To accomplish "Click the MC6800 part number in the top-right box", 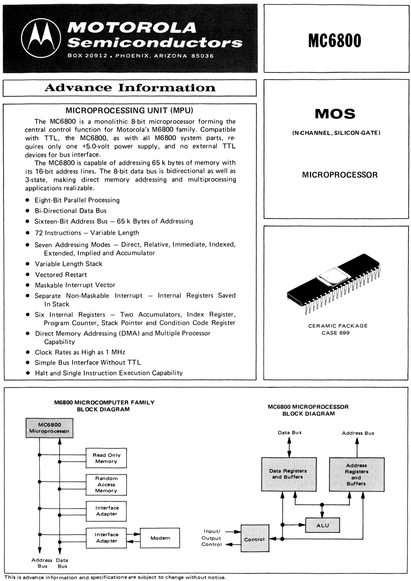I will pos(335,41).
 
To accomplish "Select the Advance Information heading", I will pos(130,88).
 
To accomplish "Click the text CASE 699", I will pos(336,333).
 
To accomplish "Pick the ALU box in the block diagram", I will pos(323,525).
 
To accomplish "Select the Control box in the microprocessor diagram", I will pos(255,539).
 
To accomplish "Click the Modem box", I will pos(160,538).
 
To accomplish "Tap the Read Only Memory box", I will pos(106,458).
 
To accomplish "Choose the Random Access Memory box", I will pos(106,484).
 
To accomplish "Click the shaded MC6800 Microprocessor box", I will pos(49,428).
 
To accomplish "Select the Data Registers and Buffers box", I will pos(288,474).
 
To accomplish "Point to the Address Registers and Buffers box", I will pos(356,474).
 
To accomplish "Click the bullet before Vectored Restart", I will pos(28,275).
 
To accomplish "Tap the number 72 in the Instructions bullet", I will pos(39,233).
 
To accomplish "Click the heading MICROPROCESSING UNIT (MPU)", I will pos(129,110).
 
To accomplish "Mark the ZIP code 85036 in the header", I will pos(203,56).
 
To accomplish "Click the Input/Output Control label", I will pos(212,538).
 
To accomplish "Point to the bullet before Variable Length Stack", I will pos(28,264).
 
